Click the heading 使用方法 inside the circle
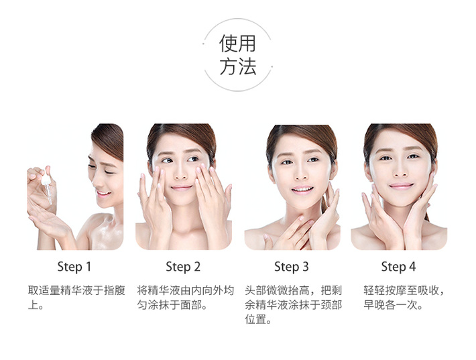[x=238, y=55]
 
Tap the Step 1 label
[x=74, y=267]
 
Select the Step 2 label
[x=183, y=267]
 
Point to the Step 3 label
[x=292, y=267]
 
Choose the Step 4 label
[x=398, y=267]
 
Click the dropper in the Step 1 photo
[x=47, y=185]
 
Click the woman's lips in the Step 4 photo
[x=402, y=186]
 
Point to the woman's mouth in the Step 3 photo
[x=302, y=190]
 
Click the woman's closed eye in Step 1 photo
[x=109, y=172]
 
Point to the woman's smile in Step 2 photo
[x=181, y=188]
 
